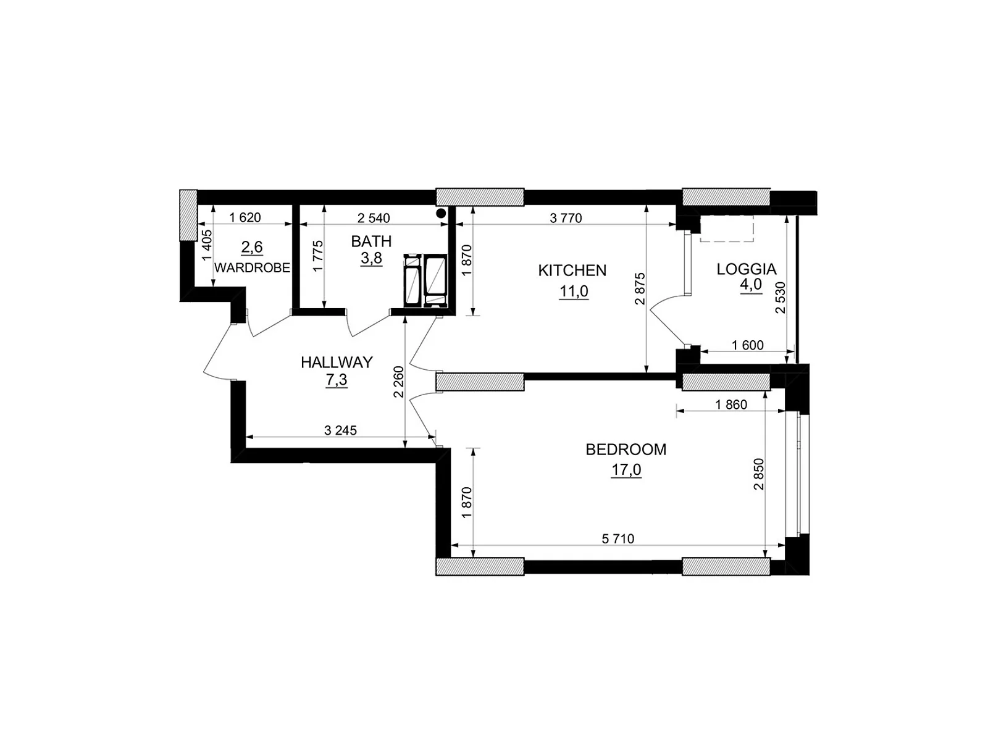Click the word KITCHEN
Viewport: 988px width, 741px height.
point(572,270)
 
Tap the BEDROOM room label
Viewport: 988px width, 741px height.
point(626,450)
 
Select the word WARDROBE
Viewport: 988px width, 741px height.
point(252,268)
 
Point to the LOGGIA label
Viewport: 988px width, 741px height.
point(747,269)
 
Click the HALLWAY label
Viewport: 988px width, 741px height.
point(337,362)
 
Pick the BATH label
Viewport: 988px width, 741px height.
point(371,241)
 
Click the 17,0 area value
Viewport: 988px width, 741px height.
point(626,470)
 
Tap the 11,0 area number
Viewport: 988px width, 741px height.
point(574,291)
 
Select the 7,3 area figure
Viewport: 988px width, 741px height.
point(337,380)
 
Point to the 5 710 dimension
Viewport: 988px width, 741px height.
point(618,538)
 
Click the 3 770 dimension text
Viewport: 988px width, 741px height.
point(566,218)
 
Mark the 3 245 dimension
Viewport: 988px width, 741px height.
point(340,430)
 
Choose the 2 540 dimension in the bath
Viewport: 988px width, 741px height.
point(374,218)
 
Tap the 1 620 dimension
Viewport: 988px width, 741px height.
point(245,218)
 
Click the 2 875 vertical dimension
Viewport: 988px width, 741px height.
point(640,289)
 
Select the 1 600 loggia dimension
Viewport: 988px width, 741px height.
point(748,345)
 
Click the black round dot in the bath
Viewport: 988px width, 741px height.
point(442,213)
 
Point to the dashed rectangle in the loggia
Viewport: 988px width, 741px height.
point(727,228)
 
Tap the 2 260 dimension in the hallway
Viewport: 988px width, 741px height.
point(399,382)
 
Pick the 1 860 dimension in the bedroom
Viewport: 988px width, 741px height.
point(731,404)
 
